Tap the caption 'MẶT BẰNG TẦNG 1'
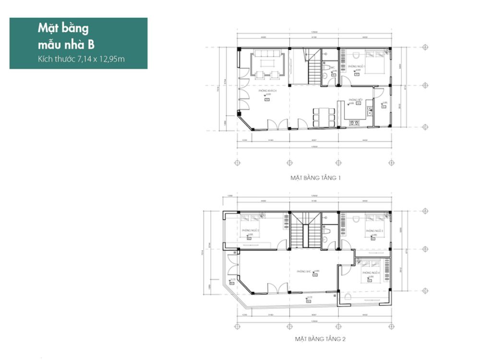click(x=315, y=178)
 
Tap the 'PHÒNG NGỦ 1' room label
click(x=357, y=66)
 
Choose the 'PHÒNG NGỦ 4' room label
click(x=372, y=272)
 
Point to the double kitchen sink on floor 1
click(x=369, y=112)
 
